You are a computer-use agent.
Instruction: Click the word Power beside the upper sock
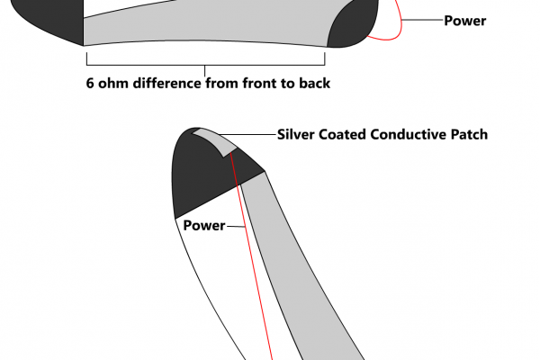464,20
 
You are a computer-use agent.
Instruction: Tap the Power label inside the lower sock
203,225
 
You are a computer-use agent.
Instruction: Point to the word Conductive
410,135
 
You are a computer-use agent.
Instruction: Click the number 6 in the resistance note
90,84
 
